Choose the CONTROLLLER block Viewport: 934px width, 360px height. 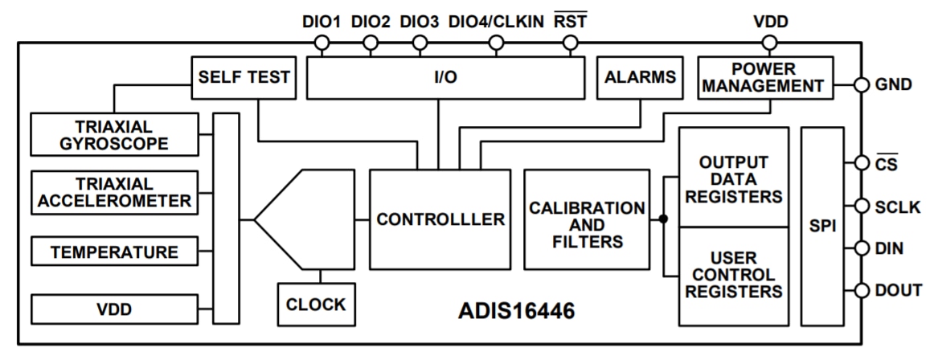coord(438,219)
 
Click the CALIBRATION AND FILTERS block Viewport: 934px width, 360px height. coord(586,219)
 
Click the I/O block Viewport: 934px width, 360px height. coord(446,78)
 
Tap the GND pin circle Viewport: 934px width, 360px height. coord(860,85)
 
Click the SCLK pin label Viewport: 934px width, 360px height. coord(897,206)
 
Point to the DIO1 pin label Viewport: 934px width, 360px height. coord(322,21)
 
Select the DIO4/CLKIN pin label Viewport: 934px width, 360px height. coord(495,21)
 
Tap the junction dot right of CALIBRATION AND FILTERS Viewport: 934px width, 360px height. coord(663,219)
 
